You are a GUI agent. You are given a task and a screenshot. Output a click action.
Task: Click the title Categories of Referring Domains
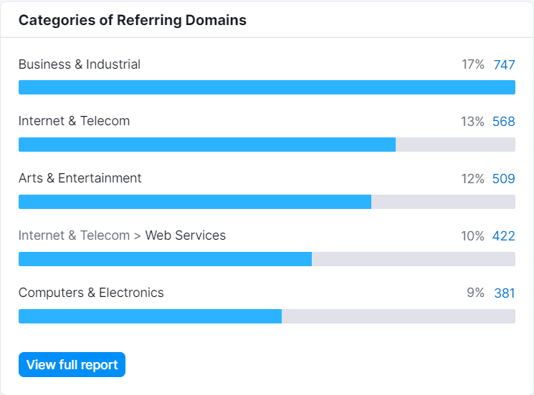[132, 20]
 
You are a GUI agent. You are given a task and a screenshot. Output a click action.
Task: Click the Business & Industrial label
[80, 64]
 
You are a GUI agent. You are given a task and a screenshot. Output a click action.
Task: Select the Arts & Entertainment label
[80, 178]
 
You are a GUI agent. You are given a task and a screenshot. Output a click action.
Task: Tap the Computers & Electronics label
[91, 293]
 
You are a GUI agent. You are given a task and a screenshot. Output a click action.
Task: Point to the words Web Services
[185, 235]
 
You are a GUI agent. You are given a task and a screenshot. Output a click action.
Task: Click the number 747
[504, 64]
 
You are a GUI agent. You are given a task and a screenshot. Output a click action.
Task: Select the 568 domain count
[504, 122]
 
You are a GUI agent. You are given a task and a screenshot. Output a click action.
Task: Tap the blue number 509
[504, 179]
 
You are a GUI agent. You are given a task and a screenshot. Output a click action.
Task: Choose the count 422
[504, 236]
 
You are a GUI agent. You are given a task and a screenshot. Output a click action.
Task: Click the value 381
[505, 293]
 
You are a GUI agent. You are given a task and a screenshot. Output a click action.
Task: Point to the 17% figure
[472, 64]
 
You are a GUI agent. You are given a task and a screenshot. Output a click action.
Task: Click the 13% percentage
[472, 122]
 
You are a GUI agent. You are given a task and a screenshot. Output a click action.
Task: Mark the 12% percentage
[472, 179]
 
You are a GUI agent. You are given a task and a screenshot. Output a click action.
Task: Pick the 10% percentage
[472, 236]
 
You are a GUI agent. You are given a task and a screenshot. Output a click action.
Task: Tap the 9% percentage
[475, 293]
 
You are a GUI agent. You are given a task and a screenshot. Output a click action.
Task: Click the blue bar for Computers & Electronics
[151, 316]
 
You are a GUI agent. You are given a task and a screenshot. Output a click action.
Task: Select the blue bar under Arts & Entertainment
[195, 202]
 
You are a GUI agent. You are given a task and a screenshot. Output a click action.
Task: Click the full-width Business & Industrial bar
[267, 87]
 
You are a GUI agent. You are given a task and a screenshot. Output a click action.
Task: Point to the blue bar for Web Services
[165, 259]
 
